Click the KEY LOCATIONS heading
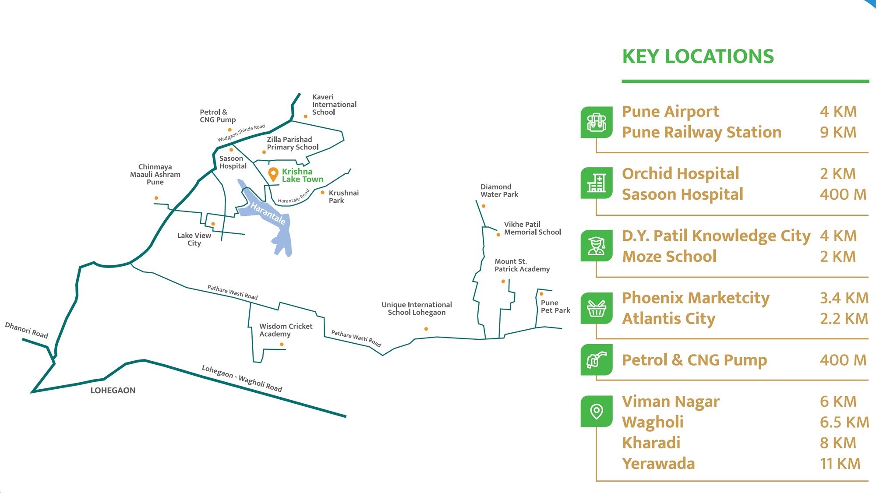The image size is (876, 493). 698,57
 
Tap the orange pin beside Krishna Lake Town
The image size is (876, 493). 273,174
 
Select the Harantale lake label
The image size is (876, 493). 268,213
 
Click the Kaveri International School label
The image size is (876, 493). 334,105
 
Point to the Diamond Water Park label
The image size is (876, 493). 499,190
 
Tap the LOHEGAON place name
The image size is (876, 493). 113,391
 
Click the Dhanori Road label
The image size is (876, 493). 26,330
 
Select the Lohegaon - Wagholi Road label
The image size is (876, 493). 242,378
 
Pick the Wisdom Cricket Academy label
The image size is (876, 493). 286,330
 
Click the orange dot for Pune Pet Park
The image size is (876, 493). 541,294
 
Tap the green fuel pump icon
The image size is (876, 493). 596,360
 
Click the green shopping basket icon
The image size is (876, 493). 596,308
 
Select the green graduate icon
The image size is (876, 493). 596,246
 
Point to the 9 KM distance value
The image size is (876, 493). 838,132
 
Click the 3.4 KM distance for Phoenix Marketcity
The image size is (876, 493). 844,298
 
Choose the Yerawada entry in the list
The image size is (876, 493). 658,464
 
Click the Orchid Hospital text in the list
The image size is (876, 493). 680,174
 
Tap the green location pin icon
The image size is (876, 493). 596,411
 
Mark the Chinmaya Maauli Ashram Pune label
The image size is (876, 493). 155,174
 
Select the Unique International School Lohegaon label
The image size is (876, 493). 417,309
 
